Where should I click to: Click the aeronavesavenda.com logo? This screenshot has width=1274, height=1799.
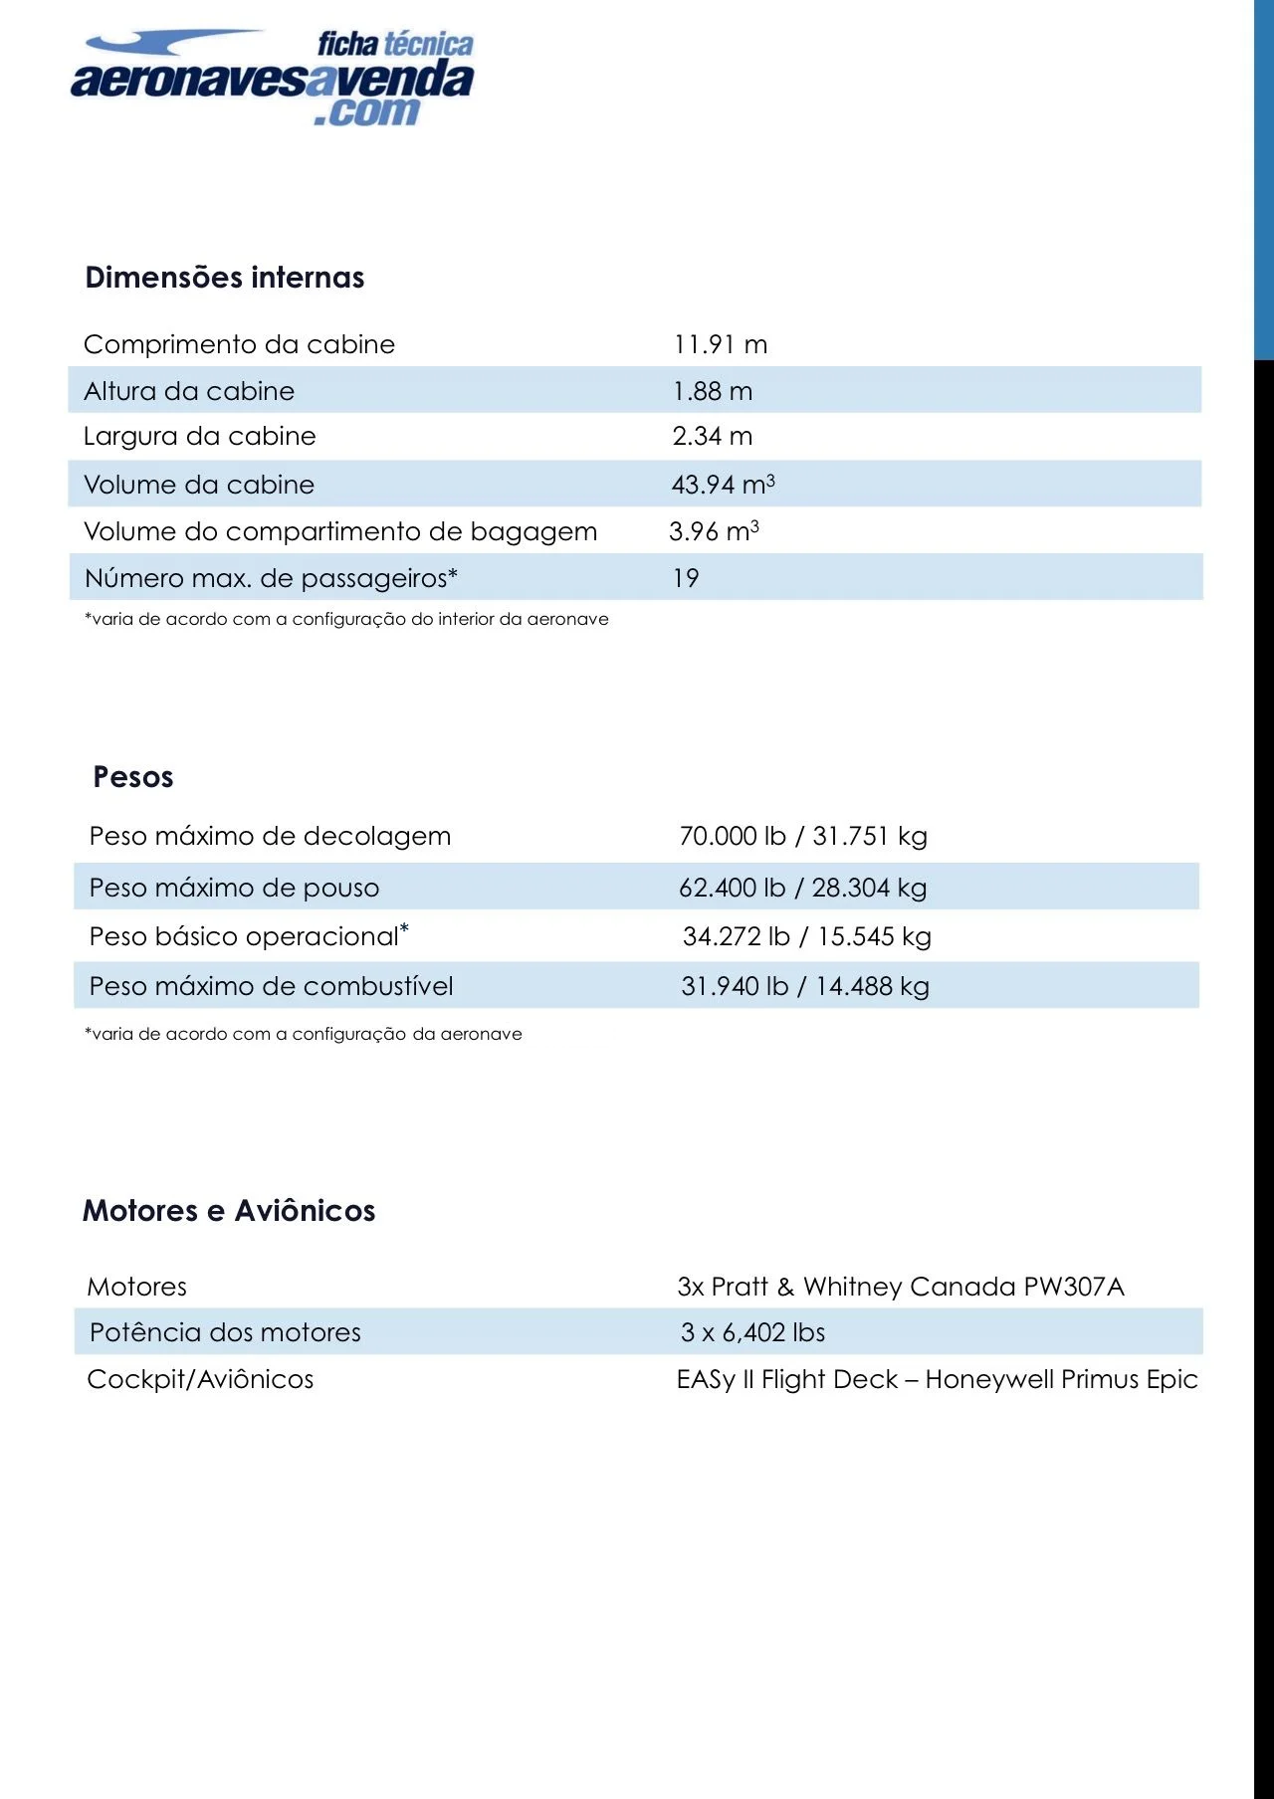(272, 79)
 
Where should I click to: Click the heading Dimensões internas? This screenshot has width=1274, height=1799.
(225, 278)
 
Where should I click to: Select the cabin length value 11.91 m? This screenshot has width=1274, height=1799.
(720, 344)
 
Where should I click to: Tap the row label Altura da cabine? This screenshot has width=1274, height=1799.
(189, 391)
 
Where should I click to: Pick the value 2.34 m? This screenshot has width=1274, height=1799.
(712, 436)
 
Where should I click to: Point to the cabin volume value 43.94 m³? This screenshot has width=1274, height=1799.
(723, 485)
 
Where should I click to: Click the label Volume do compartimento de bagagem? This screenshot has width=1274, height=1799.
(340, 531)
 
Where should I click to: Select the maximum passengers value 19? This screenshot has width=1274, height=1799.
(686, 578)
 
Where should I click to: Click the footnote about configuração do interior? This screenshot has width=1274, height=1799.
(346, 619)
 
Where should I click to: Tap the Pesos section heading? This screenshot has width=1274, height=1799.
(133, 777)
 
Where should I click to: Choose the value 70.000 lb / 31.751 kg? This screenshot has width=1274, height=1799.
(802, 836)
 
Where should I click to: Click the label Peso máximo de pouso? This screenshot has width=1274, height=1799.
(234, 888)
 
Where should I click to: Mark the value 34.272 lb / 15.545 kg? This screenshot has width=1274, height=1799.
(806, 936)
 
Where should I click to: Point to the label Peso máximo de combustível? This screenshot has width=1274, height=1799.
(271, 986)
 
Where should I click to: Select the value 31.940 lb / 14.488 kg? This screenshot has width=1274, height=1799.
(804, 986)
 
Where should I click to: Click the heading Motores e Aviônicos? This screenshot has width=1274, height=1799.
(229, 1211)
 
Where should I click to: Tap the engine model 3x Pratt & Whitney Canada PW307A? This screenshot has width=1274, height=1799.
(900, 1287)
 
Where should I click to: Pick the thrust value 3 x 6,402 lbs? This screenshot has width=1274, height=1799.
(752, 1332)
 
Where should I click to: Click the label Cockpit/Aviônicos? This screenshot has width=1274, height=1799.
(200, 1379)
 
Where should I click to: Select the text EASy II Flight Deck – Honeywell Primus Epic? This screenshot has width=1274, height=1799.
(937, 1379)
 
